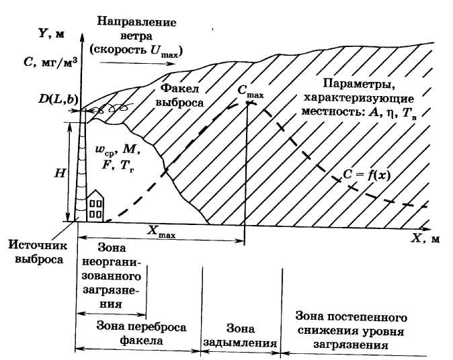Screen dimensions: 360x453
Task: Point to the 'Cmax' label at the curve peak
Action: pyautogui.click(x=250, y=92)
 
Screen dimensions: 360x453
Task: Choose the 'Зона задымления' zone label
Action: pyautogui.click(x=241, y=335)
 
